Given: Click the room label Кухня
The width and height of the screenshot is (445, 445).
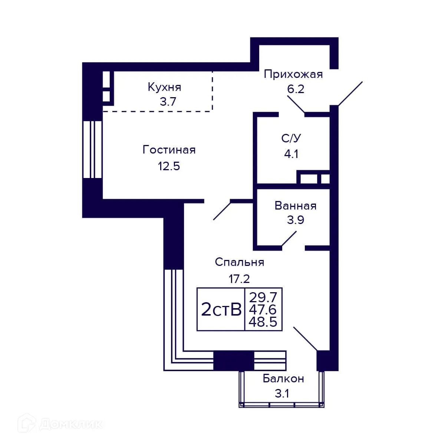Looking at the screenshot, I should [x=164, y=87].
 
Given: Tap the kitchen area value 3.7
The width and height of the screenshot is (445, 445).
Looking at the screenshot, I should [x=168, y=102].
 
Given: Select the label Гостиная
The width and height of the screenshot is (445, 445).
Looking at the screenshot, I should [x=169, y=150].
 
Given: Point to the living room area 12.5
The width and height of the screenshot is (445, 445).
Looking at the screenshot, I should [x=169, y=166].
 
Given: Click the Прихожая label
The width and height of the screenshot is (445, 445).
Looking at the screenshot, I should [x=293, y=74].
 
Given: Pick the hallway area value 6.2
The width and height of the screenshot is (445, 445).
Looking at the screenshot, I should [x=296, y=89].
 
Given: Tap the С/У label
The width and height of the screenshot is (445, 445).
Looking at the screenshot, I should [x=291, y=138].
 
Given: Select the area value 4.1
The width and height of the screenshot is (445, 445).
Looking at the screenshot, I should [x=291, y=154].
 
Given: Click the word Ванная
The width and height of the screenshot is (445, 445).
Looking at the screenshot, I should [x=296, y=206].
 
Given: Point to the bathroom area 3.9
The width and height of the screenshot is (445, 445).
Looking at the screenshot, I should [x=296, y=220].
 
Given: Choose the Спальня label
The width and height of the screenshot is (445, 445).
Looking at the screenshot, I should [x=240, y=262].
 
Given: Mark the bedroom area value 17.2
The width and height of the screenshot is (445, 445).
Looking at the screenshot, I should [x=240, y=278].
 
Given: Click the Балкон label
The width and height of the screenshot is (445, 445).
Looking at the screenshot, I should [x=283, y=379].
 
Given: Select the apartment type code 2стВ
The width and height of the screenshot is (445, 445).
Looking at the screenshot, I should [x=221, y=310].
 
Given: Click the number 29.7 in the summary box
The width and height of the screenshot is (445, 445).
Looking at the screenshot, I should [x=263, y=297].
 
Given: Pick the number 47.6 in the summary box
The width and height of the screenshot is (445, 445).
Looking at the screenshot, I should [x=263, y=310].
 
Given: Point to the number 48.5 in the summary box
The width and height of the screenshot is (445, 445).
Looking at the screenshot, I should [x=263, y=322].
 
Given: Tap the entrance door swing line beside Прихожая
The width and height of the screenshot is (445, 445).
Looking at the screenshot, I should [x=350, y=93].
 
